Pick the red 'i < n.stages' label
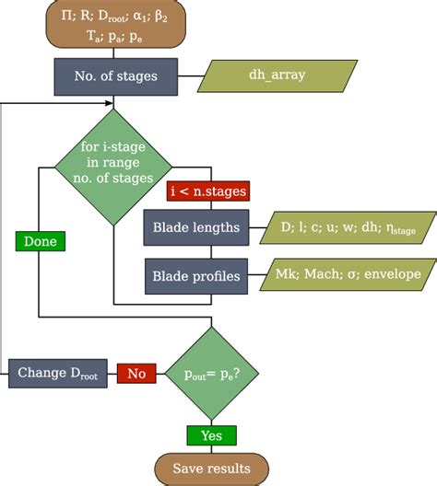208,191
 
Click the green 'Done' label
38,241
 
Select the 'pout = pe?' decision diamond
211,373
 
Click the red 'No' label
136,373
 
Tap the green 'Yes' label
211,434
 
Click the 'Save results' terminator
211,469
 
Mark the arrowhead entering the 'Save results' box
211,449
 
